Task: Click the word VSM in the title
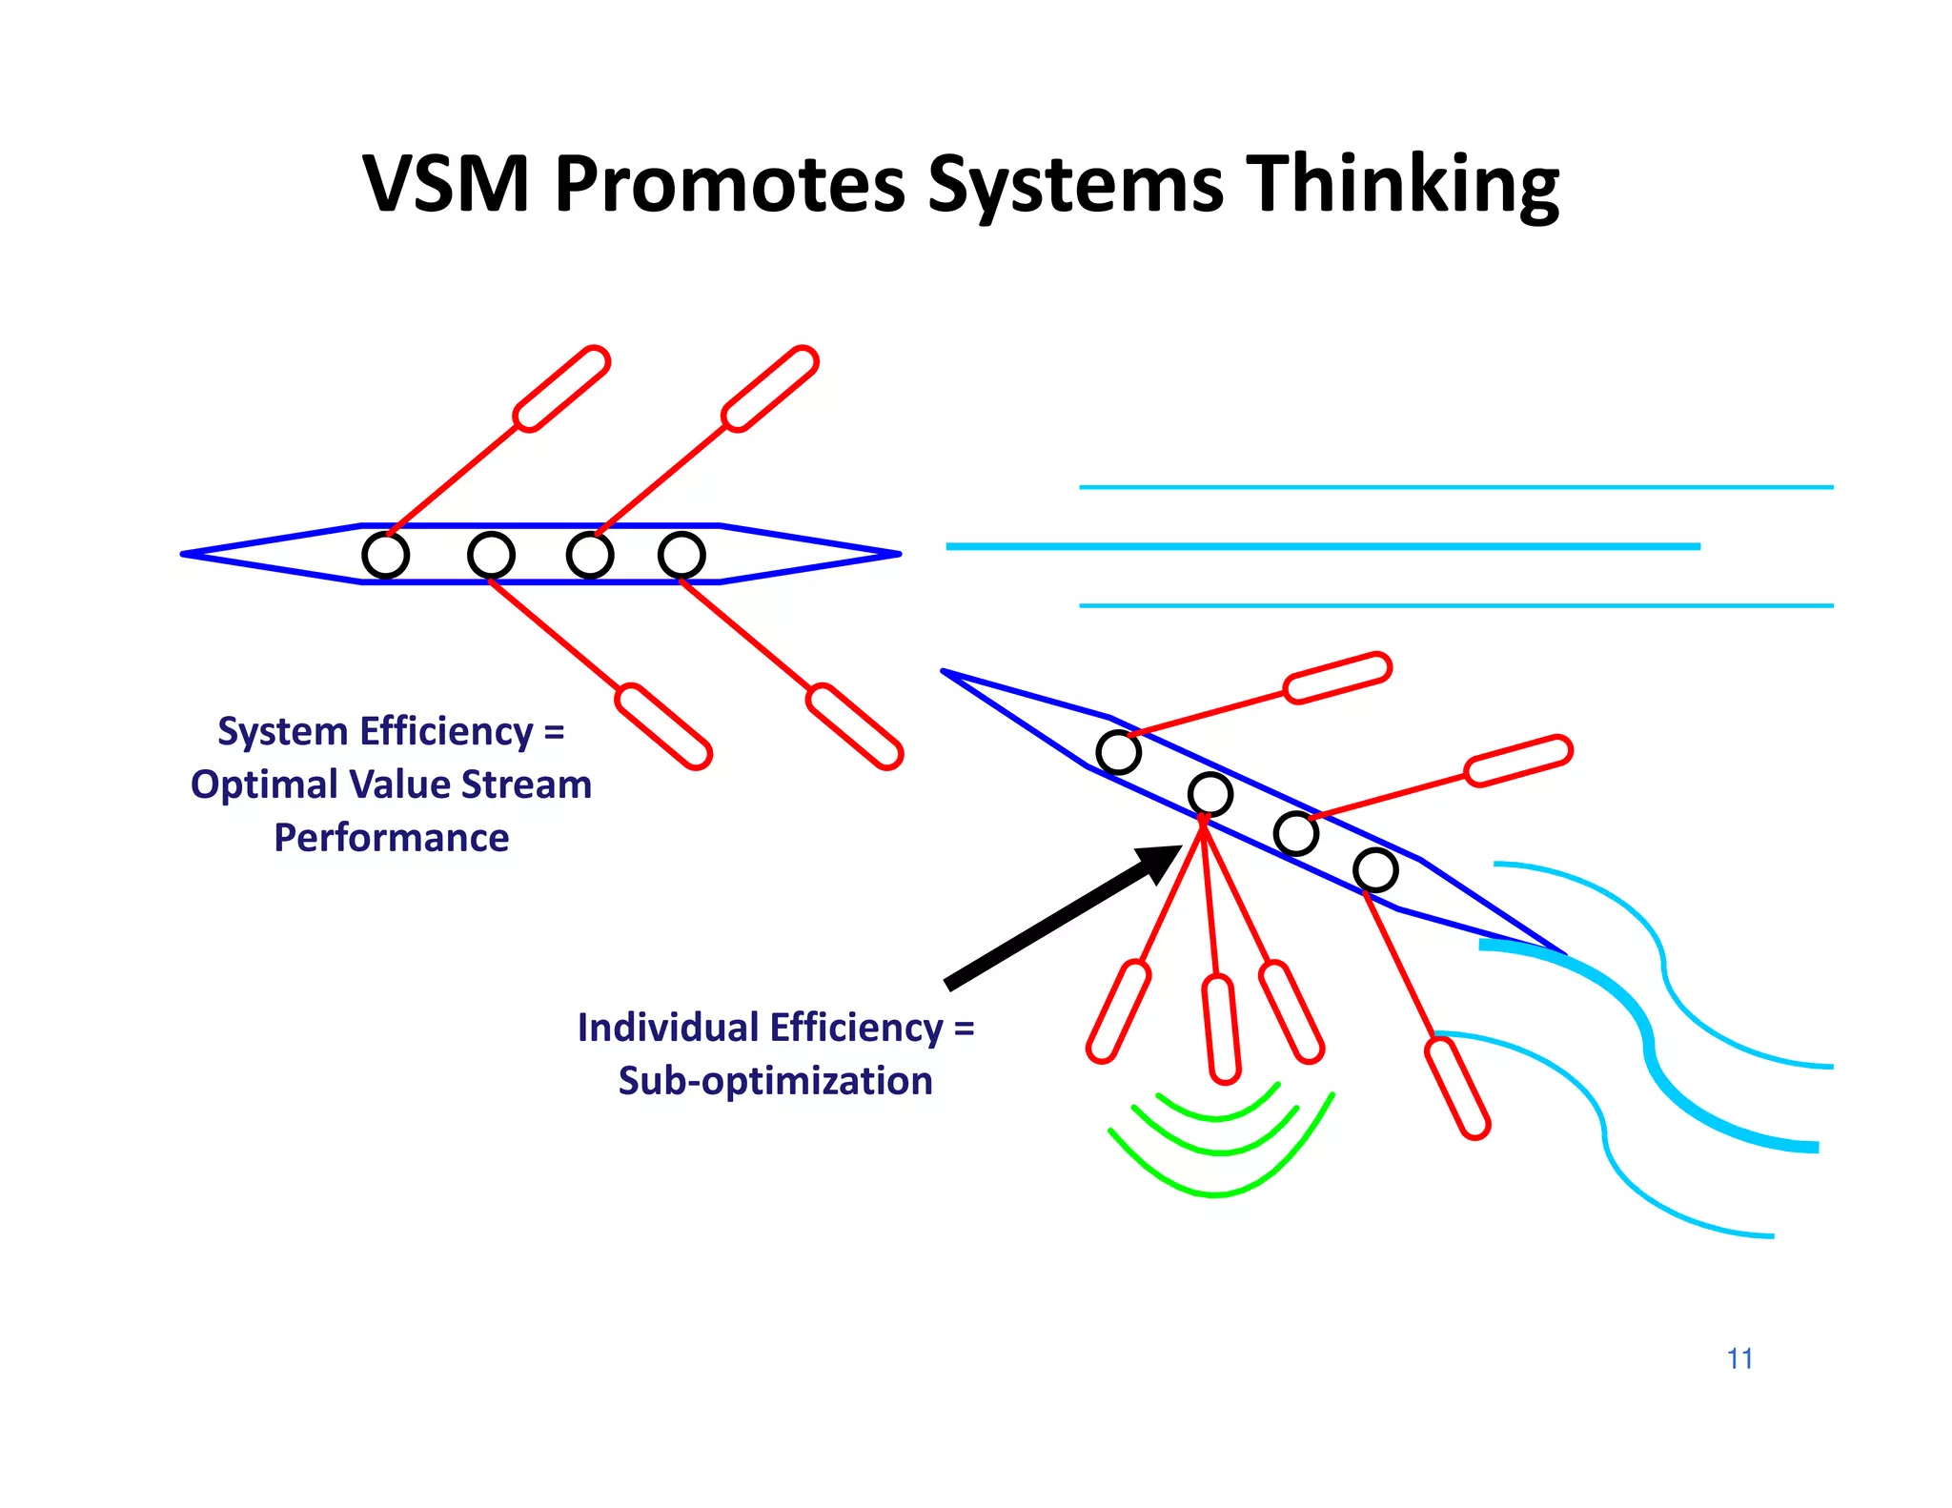[445, 183]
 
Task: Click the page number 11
[1739, 1358]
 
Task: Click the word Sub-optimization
[775, 1081]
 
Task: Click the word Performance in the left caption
[391, 838]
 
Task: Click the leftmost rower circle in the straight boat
[386, 555]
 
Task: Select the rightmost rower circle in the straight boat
[681, 555]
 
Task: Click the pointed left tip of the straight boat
[187, 554]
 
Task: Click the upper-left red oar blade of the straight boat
[561, 389]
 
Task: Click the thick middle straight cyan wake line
[1322, 546]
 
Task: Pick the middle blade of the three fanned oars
[1221, 1029]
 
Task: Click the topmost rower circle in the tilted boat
[1118, 752]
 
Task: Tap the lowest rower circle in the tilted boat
[1375, 869]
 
